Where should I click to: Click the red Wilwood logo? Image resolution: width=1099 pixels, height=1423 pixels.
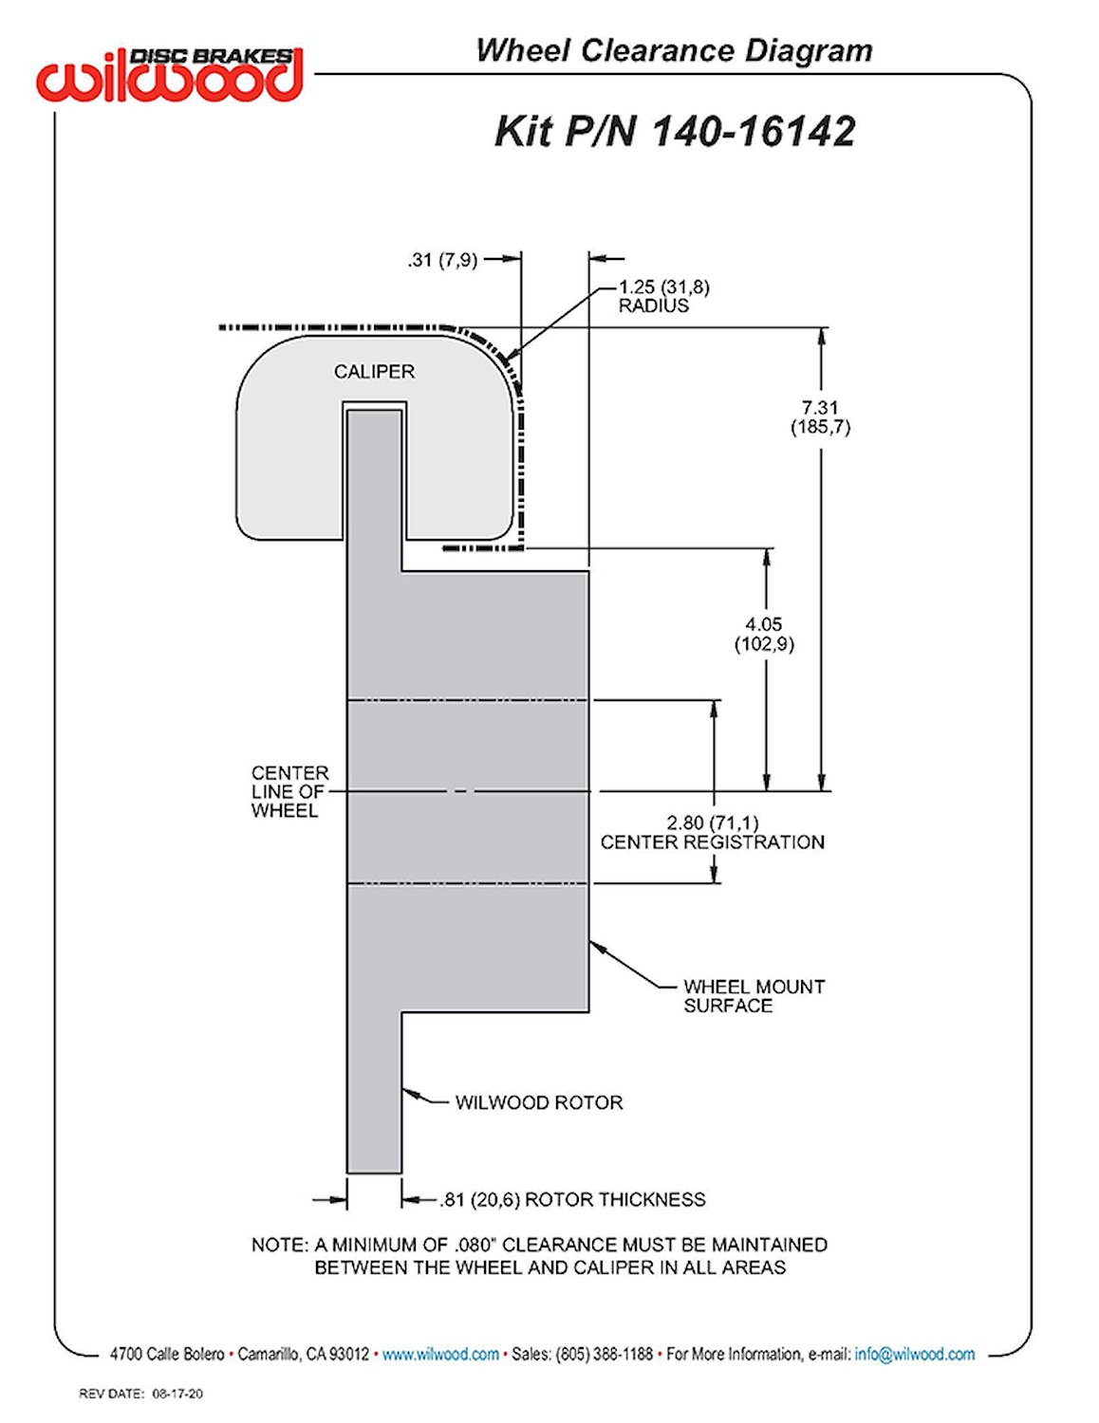(170, 77)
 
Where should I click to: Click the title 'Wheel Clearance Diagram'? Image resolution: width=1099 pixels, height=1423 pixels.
(674, 51)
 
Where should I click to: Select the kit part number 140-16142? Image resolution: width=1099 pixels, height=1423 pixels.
(754, 131)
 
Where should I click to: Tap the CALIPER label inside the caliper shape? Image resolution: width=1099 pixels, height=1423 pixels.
(374, 371)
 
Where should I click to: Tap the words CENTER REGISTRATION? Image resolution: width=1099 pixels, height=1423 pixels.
(712, 841)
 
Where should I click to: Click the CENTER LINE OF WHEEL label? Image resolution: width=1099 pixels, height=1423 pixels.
(289, 791)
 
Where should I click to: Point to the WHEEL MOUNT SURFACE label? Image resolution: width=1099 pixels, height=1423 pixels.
(754, 995)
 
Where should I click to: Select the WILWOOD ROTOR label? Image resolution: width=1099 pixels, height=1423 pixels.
(538, 1102)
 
